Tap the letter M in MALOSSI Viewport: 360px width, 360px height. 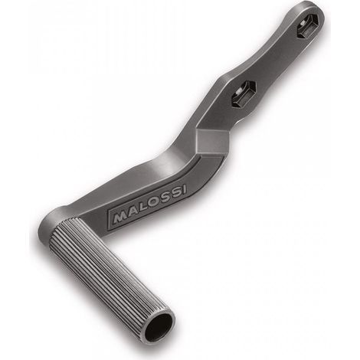point(119,218)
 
